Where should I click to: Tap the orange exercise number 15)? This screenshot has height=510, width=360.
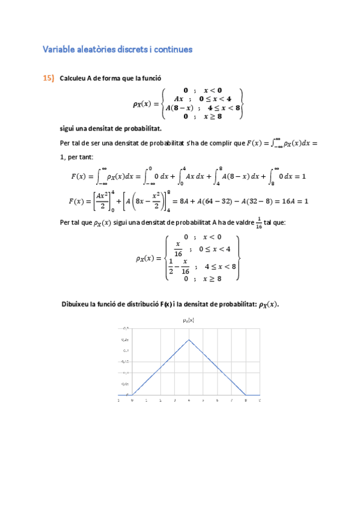[49, 78]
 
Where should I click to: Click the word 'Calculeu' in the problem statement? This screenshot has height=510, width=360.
[74, 78]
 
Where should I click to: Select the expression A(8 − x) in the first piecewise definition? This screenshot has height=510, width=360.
[179, 108]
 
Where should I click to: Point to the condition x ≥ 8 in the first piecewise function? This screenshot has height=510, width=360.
[212, 117]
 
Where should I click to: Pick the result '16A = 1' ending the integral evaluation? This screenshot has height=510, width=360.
[293, 201]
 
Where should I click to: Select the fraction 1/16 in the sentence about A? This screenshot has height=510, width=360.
[259, 222]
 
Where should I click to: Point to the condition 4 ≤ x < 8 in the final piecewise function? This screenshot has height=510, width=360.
[221, 265]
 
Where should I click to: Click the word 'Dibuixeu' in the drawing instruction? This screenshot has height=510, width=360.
[78, 304]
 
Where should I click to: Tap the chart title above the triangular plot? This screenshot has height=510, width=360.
[189, 321]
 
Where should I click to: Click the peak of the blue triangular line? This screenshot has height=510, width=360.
[189, 340]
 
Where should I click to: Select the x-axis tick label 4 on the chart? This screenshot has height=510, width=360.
[189, 399]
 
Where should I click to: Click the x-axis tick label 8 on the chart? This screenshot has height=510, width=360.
[245, 399]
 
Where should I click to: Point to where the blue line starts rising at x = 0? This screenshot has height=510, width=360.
[133, 395]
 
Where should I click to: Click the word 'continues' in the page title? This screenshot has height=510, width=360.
[171, 49]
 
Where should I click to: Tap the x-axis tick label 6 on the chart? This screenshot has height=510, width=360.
[217, 399]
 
